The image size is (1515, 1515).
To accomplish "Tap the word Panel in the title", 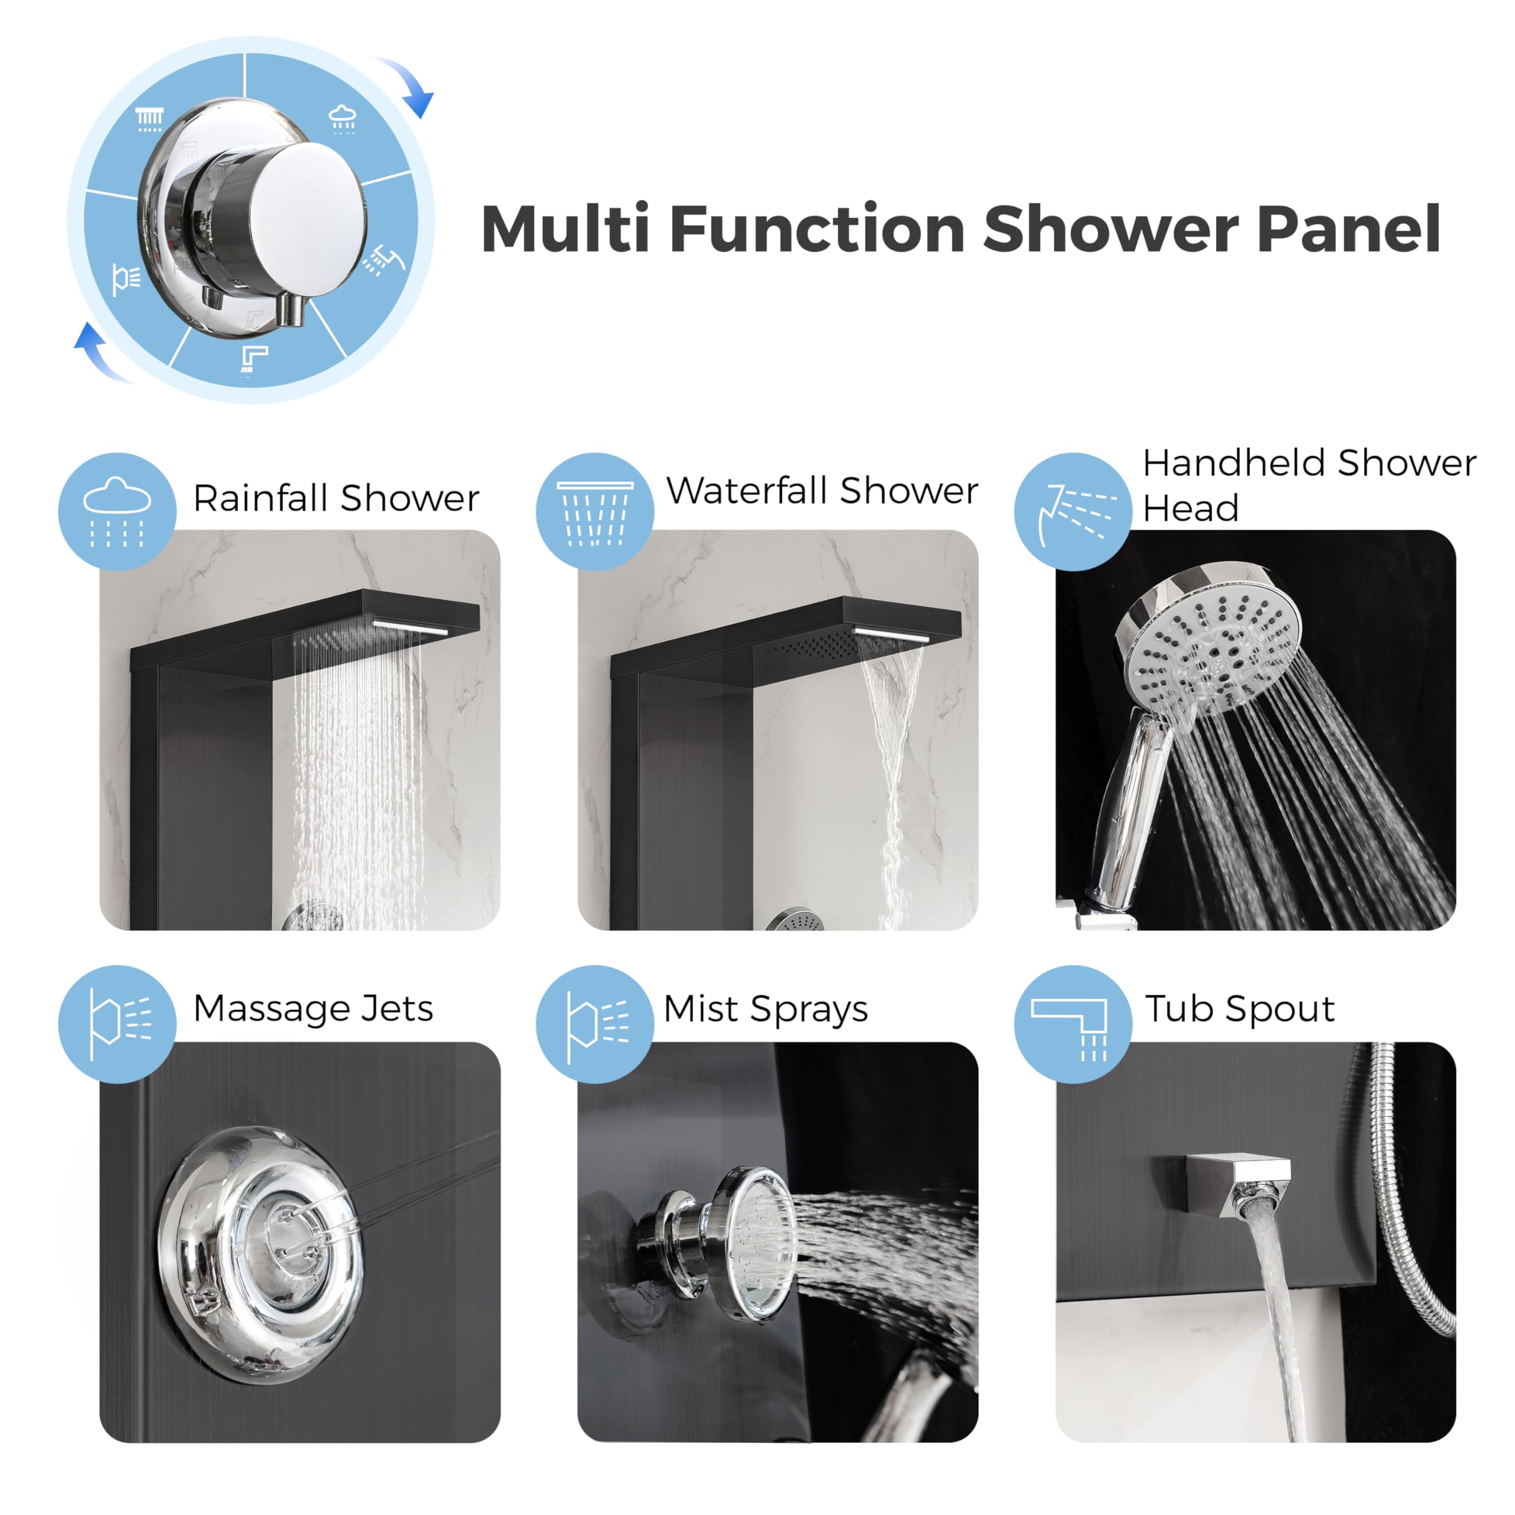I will (1348, 229).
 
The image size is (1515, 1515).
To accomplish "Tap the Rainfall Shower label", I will (336, 499).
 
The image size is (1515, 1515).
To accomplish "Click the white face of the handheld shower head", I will (1211, 651).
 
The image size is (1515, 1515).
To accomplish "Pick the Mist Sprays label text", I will (765, 1009).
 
